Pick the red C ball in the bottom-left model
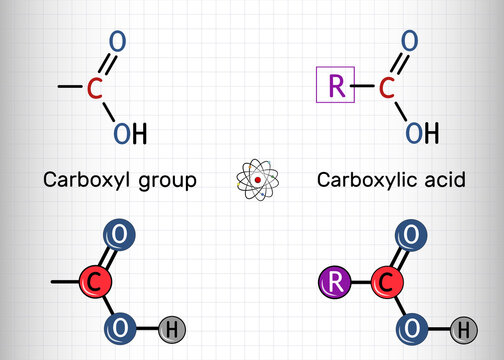point(92,283)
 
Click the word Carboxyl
point(81,181)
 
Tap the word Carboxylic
point(365,181)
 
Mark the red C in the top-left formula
point(93,88)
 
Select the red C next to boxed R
point(385,88)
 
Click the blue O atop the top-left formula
point(118,42)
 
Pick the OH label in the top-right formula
point(421,133)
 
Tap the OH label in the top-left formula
point(129,133)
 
